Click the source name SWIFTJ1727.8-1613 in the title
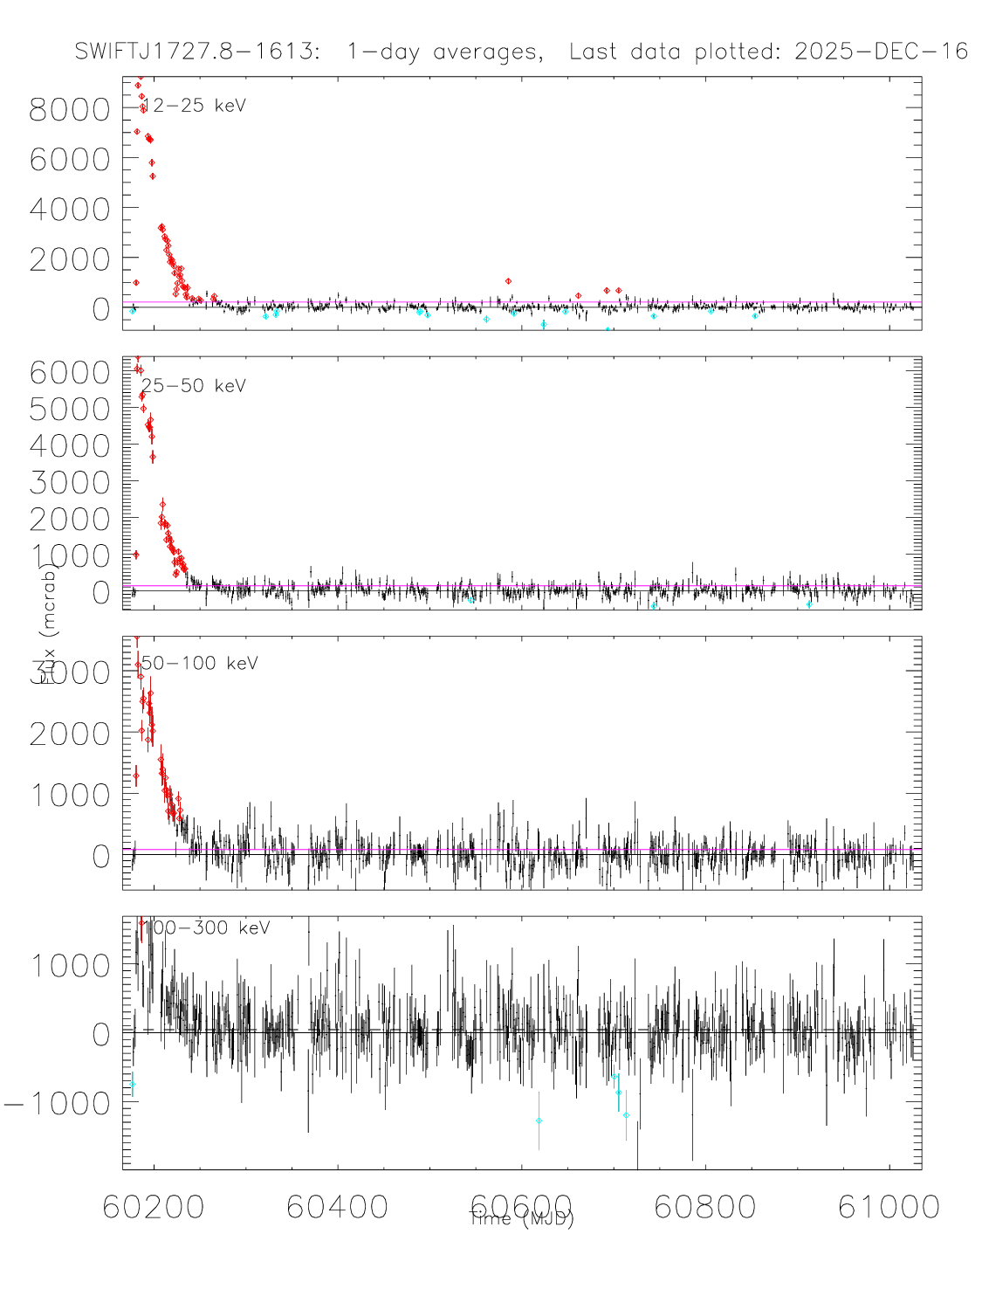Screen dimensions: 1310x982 click(197, 52)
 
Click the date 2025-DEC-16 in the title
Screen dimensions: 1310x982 click(881, 52)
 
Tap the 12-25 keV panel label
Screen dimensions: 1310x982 click(195, 106)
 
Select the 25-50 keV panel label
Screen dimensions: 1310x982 click(194, 386)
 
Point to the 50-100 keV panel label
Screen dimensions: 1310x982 click(200, 664)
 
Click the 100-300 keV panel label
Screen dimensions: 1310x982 click(206, 928)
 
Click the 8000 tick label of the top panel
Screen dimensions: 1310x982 click(70, 110)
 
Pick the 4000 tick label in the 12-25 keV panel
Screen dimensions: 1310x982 click(70, 210)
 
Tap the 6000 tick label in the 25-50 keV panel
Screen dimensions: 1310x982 click(70, 373)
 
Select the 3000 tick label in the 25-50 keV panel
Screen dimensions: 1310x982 click(70, 483)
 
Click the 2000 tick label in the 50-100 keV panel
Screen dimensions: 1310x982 click(70, 734)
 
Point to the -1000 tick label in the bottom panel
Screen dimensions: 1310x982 click(58, 1104)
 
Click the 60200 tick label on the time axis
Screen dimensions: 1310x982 click(154, 1207)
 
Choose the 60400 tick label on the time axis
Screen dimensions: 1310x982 click(337, 1207)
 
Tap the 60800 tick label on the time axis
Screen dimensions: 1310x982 click(704, 1207)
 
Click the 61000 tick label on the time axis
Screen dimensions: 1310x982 click(889, 1207)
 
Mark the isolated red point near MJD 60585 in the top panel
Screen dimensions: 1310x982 click(508, 281)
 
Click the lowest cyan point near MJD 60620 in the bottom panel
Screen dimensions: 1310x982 click(539, 1120)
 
